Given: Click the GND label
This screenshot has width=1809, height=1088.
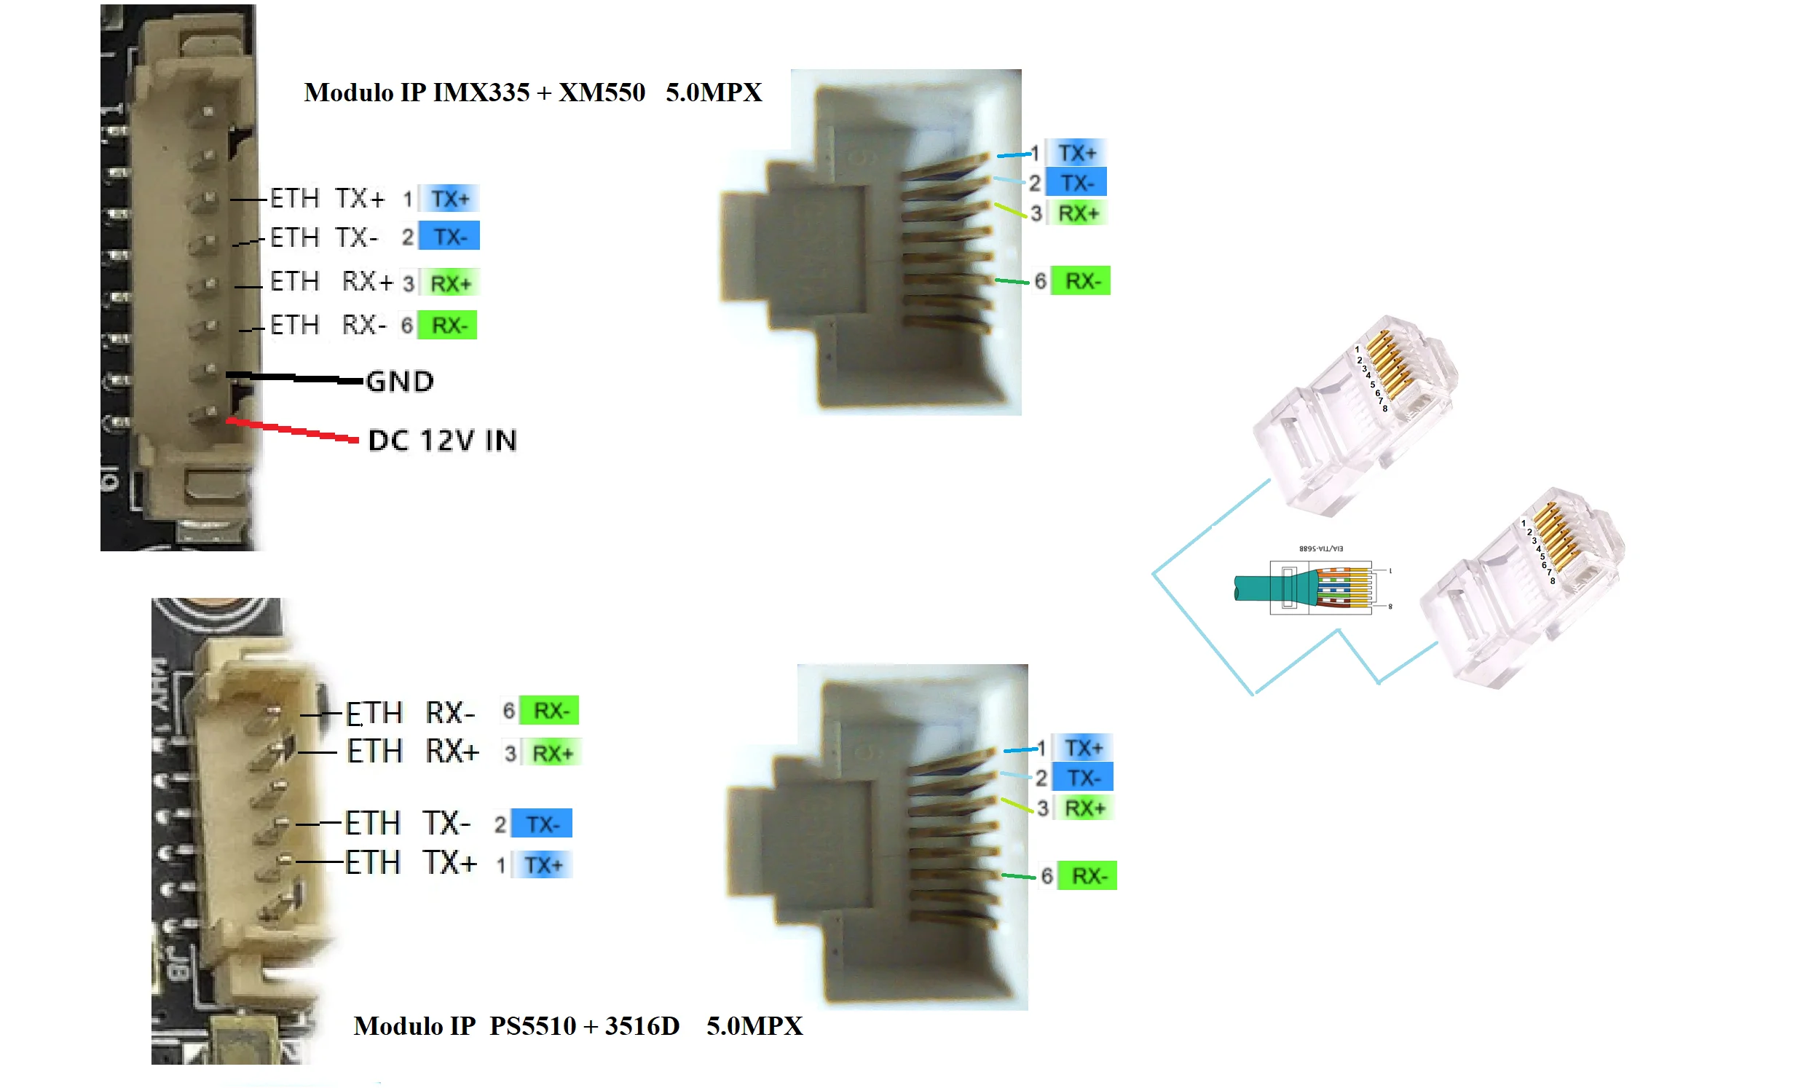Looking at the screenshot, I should (x=400, y=382).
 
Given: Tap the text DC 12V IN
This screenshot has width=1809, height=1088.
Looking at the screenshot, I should (x=442, y=441).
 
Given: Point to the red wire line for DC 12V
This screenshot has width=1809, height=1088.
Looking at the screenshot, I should (x=293, y=430).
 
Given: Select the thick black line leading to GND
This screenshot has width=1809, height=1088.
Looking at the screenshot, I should (x=293, y=377).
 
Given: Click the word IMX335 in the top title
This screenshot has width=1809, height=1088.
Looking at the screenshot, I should (x=481, y=92).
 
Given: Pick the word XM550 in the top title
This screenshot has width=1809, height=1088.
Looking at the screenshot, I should (x=602, y=92).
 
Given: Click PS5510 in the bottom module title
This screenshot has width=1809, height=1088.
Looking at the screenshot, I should (x=533, y=1025).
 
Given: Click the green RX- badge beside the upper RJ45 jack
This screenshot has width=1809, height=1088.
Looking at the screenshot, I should (x=1081, y=281).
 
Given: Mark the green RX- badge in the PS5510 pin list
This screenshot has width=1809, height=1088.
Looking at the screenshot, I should (x=550, y=711).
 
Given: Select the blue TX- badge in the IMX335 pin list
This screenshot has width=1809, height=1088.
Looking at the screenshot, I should (x=449, y=237).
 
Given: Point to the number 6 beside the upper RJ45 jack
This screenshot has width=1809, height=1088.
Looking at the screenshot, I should (x=1040, y=281).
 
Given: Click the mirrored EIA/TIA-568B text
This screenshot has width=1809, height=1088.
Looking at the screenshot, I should (x=1321, y=548).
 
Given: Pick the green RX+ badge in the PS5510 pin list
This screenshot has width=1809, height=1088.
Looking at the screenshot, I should (x=551, y=753).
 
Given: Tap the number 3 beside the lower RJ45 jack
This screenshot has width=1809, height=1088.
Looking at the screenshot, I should (x=1042, y=808).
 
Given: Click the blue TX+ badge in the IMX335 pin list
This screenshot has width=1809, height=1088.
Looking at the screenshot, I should (x=449, y=199).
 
